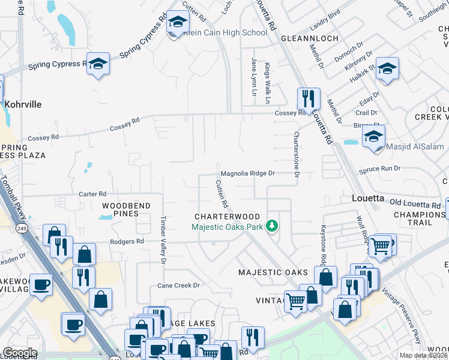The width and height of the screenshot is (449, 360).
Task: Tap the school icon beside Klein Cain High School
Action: click(177, 23)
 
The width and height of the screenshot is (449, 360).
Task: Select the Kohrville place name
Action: click(23, 104)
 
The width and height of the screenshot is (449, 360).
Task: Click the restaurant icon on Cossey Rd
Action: click(309, 98)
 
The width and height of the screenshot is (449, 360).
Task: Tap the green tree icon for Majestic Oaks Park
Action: click(273, 226)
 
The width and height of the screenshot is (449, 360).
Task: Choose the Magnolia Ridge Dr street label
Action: click(247, 173)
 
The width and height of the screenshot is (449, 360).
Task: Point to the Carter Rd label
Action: click(92, 194)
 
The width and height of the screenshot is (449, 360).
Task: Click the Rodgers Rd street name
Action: click(127, 241)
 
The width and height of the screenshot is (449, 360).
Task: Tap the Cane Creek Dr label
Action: click(178, 286)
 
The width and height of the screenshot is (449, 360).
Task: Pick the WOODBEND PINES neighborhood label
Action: click(126, 209)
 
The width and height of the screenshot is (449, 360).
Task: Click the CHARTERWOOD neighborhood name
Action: click(227, 217)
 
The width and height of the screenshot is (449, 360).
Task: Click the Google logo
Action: click(19, 353)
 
